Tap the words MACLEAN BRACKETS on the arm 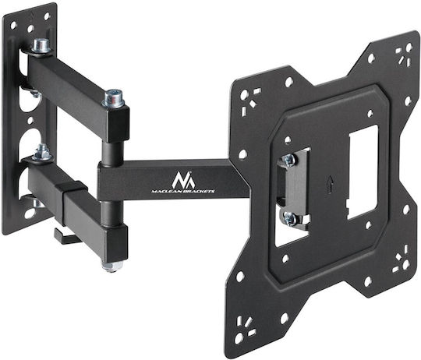coord(183,191)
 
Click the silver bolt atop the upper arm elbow coord(114,98)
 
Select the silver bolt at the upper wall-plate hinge coord(41,46)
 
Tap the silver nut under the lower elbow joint coord(111,266)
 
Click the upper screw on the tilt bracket coord(289,160)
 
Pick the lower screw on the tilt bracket coord(290,219)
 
